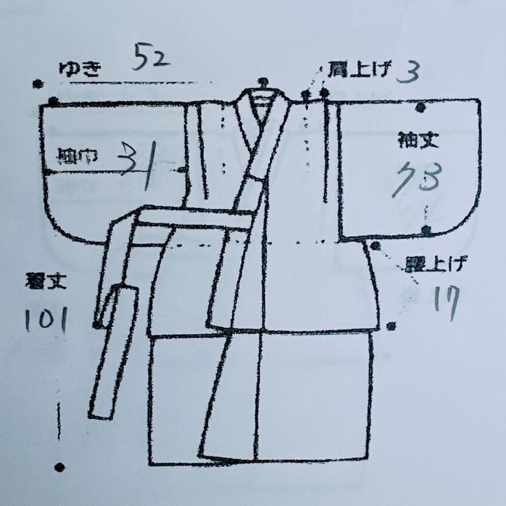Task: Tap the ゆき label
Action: [79, 69]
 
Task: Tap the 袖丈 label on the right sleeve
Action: [418, 141]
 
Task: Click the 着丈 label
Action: [46, 282]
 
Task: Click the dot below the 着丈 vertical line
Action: [60, 467]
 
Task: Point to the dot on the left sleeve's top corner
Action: [53, 101]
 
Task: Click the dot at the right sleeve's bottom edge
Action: [425, 230]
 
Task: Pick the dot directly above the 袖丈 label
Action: [420, 108]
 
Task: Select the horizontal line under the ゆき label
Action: [136, 83]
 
